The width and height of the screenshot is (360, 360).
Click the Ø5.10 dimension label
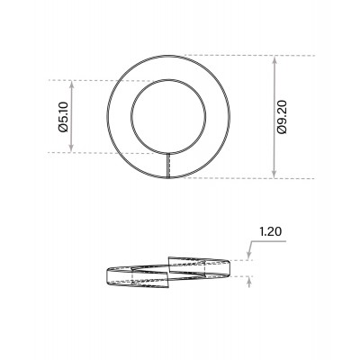pos(63,116)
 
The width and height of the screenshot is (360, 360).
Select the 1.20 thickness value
pos(270,232)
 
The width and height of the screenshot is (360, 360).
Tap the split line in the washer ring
pos(169,166)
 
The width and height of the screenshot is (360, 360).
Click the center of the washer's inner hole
pos(168,116)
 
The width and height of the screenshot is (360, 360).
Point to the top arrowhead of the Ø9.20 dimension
pos(273,59)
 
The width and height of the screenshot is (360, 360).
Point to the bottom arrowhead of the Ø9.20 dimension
pos(273,175)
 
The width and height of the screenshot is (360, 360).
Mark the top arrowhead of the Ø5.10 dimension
pos(72,84)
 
